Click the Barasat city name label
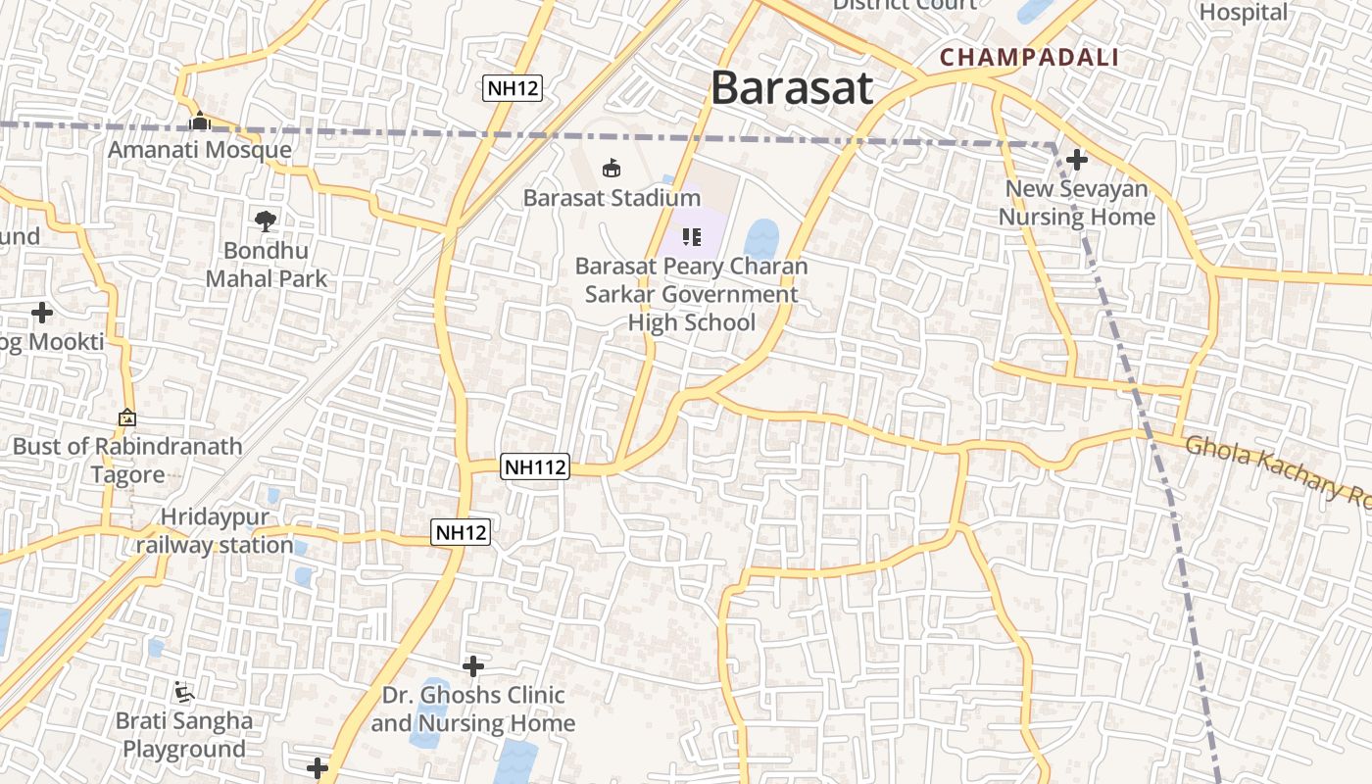[791, 88]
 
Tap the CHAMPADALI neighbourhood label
[1029, 57]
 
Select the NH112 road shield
[535, 467]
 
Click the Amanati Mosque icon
[200, 122]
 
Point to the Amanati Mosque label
[200, 150]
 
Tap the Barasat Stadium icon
[612, 169]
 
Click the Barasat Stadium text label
[612, 198]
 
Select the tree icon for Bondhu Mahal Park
[265, 220]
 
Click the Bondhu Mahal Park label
[267, 265]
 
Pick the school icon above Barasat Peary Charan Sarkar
[692, 236]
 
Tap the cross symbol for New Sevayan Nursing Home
[1077, 159]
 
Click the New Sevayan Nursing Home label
[1077, 203]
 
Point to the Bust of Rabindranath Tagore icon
[127, 418]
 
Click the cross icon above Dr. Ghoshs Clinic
[473, 666]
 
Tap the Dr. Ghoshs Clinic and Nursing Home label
[473, 710]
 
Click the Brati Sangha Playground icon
[183, 692]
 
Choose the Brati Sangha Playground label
[183, 735]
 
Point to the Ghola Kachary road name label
[1274, 469]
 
